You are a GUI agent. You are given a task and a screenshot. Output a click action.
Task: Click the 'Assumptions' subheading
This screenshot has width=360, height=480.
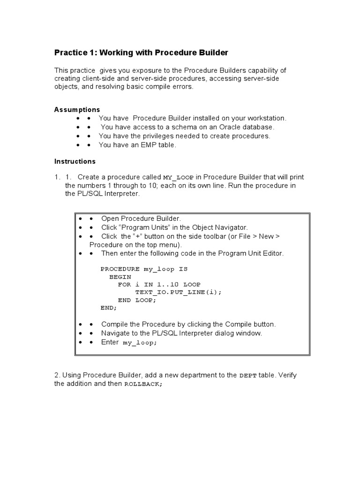(x=77, y=110)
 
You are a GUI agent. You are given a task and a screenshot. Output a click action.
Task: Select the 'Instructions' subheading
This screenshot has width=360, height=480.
(x=75, y=161)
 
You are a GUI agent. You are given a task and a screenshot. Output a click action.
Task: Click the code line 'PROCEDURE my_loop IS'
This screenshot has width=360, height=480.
(x=144, y=269)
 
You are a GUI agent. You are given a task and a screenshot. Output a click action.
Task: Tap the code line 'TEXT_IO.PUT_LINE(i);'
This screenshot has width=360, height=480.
(x=178, y=292)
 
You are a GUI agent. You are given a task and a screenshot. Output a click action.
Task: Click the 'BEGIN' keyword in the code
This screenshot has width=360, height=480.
(x=120, y=277)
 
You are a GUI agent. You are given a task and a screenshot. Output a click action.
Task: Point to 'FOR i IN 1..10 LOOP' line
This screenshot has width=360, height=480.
(x=159, y=285)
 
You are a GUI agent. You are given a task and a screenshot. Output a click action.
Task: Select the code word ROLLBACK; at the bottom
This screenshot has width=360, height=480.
(x=143, y=384)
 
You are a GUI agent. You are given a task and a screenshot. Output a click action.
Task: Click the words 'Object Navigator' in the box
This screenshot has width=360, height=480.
(x=220, y=227)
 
